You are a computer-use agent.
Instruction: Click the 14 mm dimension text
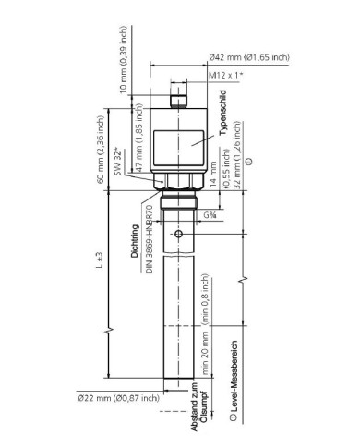click(216, 174)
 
